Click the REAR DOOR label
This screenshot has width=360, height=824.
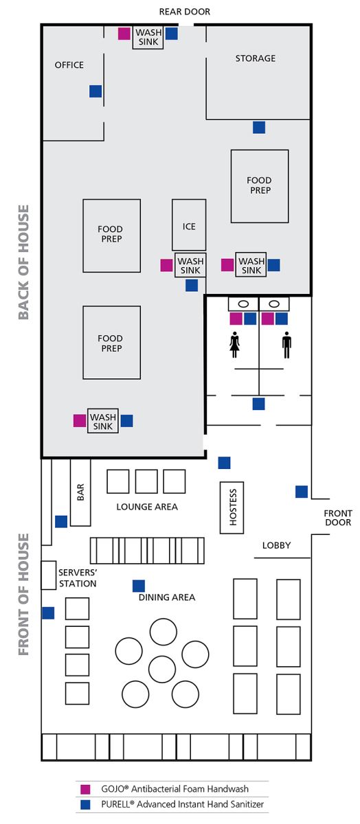(x=184, y=12)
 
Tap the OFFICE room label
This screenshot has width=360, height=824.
(x=69, y=65)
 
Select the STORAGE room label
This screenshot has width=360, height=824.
(x=256, y=58)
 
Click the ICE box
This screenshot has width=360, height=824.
(x=189, y=225)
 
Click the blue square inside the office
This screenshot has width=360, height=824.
(x=95, y=91)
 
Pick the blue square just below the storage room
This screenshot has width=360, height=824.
(x=259, y=127)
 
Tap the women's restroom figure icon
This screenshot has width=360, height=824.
(x=234, y=345)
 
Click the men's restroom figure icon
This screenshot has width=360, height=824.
(x=286, y=345)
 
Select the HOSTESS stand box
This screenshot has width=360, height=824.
(x=232, y=507)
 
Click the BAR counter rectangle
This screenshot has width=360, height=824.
(x=80, y=492)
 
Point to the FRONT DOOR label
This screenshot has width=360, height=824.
(x=338, y=518)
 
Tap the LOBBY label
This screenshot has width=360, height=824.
(x=276, y=545)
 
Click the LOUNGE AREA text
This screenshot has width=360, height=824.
(x=147, y=507)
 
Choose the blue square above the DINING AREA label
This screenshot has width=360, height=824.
(x=139, y=586)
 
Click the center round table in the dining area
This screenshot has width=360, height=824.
(x=162, y=669)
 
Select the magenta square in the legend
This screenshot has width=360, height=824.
(x=85, y=789)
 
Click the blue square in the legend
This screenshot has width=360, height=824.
(x=85, y=805)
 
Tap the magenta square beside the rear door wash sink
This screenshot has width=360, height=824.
(x=124, y=34)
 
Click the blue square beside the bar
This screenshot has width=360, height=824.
(x=61, y=522)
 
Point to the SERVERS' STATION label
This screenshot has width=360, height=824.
(x=78, y=578)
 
